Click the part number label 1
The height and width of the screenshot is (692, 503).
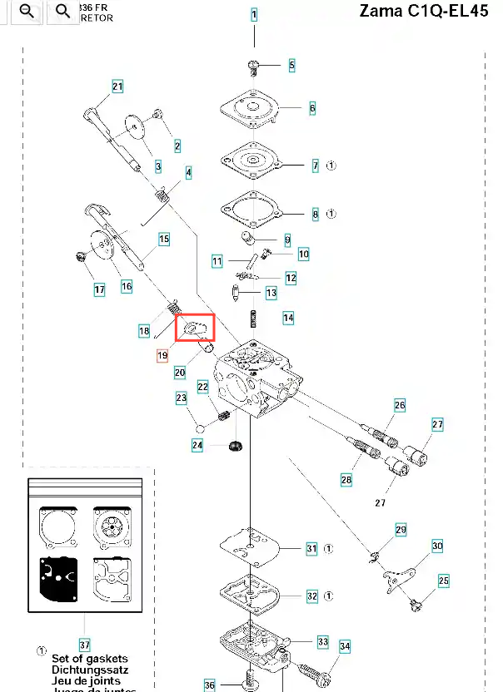254,15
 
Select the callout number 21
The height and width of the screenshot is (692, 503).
117,86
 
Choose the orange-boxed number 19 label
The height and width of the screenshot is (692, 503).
162,355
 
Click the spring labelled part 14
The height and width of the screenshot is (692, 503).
252,318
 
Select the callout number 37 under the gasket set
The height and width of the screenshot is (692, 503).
84,645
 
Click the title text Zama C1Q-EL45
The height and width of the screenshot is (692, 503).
424,12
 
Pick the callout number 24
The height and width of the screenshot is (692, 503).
197,446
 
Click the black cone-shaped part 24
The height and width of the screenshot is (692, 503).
234,446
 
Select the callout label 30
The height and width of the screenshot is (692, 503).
437,546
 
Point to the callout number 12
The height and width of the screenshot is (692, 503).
291,277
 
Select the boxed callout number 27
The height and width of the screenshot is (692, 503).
438,424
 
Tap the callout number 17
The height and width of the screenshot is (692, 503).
99,290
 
